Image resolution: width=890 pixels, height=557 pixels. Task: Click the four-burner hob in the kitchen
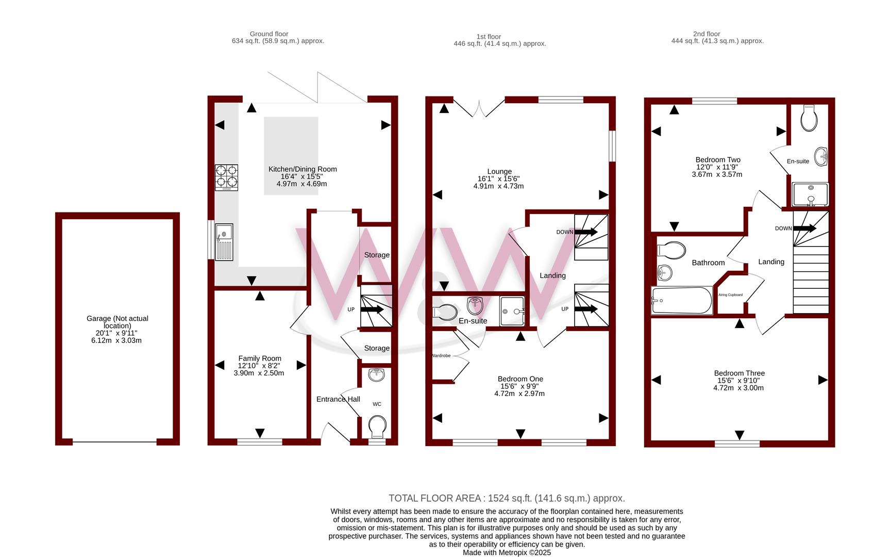226,177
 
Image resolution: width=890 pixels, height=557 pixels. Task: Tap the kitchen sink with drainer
224,242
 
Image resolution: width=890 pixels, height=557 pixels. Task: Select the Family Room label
260,358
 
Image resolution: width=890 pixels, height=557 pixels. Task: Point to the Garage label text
117,322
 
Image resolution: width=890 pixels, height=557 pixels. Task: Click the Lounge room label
499,171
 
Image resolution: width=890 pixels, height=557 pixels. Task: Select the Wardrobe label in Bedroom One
441,355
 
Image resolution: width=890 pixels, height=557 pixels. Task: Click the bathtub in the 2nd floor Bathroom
682,300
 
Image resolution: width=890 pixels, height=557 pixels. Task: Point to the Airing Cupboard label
731,295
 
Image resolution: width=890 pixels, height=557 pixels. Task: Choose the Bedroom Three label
740,373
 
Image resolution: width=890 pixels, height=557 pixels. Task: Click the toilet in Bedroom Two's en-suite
809,118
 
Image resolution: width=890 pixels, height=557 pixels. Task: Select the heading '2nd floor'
707,34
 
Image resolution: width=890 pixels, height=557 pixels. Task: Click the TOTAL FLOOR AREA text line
507,498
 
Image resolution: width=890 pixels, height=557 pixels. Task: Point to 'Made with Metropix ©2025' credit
507,553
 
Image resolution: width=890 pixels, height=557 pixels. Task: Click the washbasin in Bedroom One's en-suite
475,306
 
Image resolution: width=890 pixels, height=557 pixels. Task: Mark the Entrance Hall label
338,399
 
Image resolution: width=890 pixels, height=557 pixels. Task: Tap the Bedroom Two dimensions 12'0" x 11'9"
717,167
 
